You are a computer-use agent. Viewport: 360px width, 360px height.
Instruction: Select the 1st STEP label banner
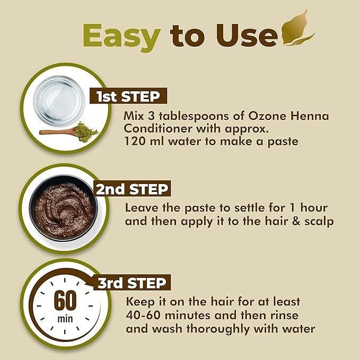(x=129, y=96)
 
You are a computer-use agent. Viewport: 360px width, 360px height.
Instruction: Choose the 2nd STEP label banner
(x=132, y=189)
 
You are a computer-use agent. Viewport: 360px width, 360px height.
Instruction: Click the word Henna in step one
(x=299, y=116)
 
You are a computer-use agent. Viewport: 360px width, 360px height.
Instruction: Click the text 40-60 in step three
(x=144, y=315)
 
